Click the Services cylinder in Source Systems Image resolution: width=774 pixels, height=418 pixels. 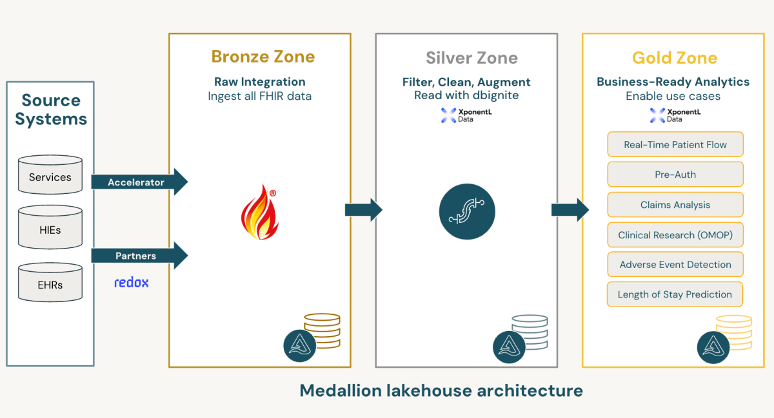click(x=50, y=175)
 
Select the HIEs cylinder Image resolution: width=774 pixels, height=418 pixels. click(x=50, y=227)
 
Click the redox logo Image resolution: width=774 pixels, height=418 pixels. click(x=132, y=282)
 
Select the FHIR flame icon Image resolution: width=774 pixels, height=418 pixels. click(x=259, y=212)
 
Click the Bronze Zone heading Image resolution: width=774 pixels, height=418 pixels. click(x=263, y=57)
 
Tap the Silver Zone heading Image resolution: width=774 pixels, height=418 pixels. click(x=471, y=58)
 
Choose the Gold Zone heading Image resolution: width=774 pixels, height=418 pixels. click(x=675, y=58)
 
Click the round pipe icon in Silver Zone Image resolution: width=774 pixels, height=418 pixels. click(x=466, y=212)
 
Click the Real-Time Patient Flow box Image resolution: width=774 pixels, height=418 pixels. click(x=675, y=144)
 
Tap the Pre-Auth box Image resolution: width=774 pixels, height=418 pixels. click(x=675, y=175)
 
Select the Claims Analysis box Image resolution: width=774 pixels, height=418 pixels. click(x=675, y=205)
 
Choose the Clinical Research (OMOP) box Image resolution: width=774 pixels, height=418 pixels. click(x=675, y=235)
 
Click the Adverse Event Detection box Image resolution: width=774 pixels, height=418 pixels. click(x=675, y=265)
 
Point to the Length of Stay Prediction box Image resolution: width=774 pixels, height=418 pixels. click(x=675, y=294)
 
